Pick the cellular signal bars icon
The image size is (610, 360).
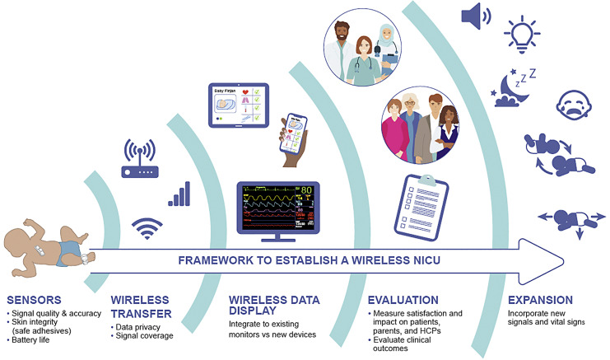pyautogui.click(x=180, y=194)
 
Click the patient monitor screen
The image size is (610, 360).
pyautogui.click(x=278, y=206)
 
